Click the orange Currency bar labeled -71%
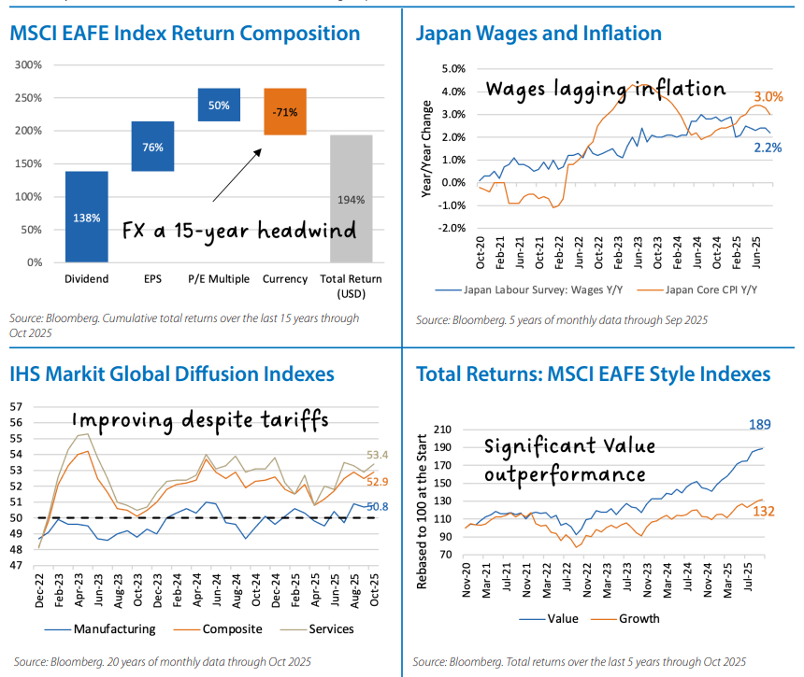[x=284, y=111]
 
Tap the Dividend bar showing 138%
[x=86, y=216]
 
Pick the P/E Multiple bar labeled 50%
[x=219, y=105]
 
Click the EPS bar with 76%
[x=152, y=147]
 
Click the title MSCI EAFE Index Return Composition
[x=185, y=34]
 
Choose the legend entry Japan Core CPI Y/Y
[x=708, y=289]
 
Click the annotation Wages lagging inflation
[x=605, y=90]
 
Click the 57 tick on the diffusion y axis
[x=15, y=407]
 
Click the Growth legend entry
[x=639, y=618]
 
